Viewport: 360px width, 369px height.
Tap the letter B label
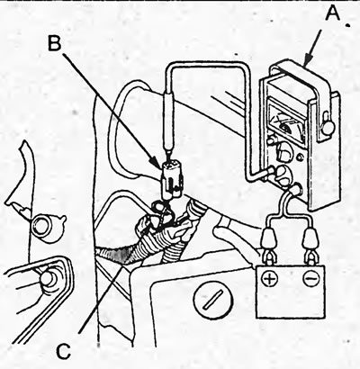pos(54,42)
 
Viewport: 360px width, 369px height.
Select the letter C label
pos(64,350)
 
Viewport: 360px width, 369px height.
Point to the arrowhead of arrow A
pos(307,61)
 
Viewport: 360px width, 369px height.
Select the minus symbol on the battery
pos(310,278)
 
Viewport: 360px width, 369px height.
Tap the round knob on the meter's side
pos(328,124)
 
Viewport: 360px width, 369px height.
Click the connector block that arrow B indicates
pos(172,181)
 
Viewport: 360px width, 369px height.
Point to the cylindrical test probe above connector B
pos(169,123)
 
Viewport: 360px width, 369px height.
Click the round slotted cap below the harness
pos(213,299)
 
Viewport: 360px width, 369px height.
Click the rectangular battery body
pos(291,291)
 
